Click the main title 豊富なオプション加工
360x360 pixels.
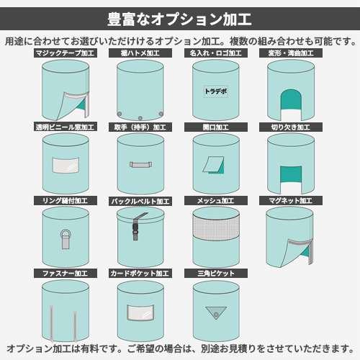pos(179,19)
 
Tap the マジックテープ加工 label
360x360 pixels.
pos(66,53)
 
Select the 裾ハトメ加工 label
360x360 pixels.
pos(140,53)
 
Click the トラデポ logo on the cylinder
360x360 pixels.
pos(216,91)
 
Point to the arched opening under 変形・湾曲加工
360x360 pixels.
pos(291,99)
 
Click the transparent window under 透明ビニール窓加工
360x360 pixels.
pos(66,165)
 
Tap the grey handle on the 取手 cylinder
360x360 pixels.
pos(140,165)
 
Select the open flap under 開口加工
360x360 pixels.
pos(213,165)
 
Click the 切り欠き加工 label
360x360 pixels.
pos(291,127)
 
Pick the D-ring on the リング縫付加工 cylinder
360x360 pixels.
pos(66,238)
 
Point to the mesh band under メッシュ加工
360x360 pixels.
pos(216,228)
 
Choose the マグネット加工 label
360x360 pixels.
pos(291,201)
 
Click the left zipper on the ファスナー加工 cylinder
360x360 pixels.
pos(52,323)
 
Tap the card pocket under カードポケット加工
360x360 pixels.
pos(140,312)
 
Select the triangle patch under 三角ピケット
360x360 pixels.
pos(216,312)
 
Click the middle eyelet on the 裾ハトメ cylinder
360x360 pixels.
pos(140,118)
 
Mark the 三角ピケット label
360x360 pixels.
pos(216,274)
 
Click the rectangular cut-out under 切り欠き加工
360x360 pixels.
pos(291,174)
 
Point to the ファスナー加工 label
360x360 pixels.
pos(66,274)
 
